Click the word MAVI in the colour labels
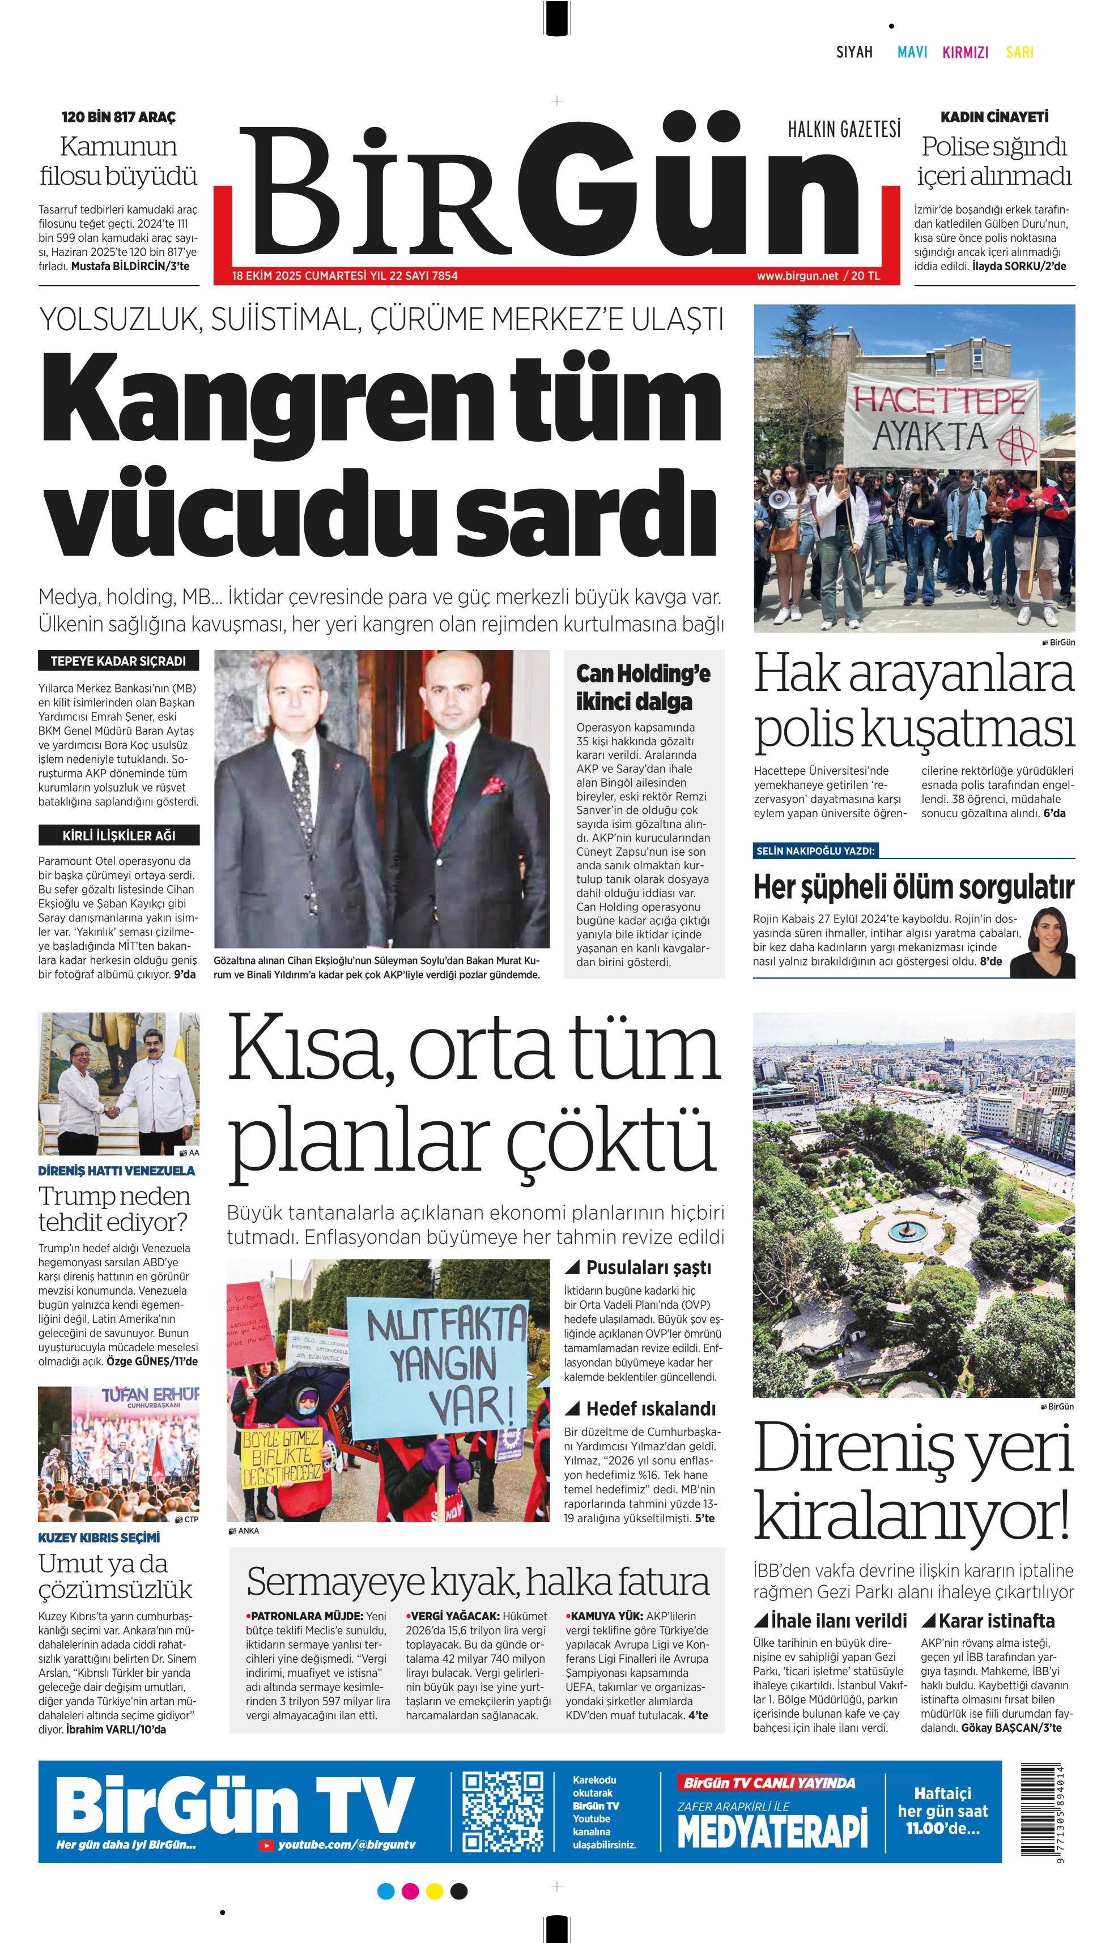pyautogui.click(x=912, y=52)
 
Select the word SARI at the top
pyautogui.click(x=1019, y=52)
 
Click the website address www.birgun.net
pyautogui.click(x=797, y=275)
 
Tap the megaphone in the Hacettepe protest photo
pyautogui.click(x=780, y=500)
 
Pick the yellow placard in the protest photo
pyautogui.click(x=281, y=1458)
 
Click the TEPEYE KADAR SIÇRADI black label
pyautogui.click(x=118, y=661)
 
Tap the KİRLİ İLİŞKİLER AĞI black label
pyautogui.click(x=118, y=835)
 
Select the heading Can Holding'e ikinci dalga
pyautogui.click(x=643, y=687)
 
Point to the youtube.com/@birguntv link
pyautogui.click(x=346, y=1845)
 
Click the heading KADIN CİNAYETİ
pyautogui.click(x=994, y=117)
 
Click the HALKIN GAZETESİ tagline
pyautogui.click(x=844, y=129)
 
